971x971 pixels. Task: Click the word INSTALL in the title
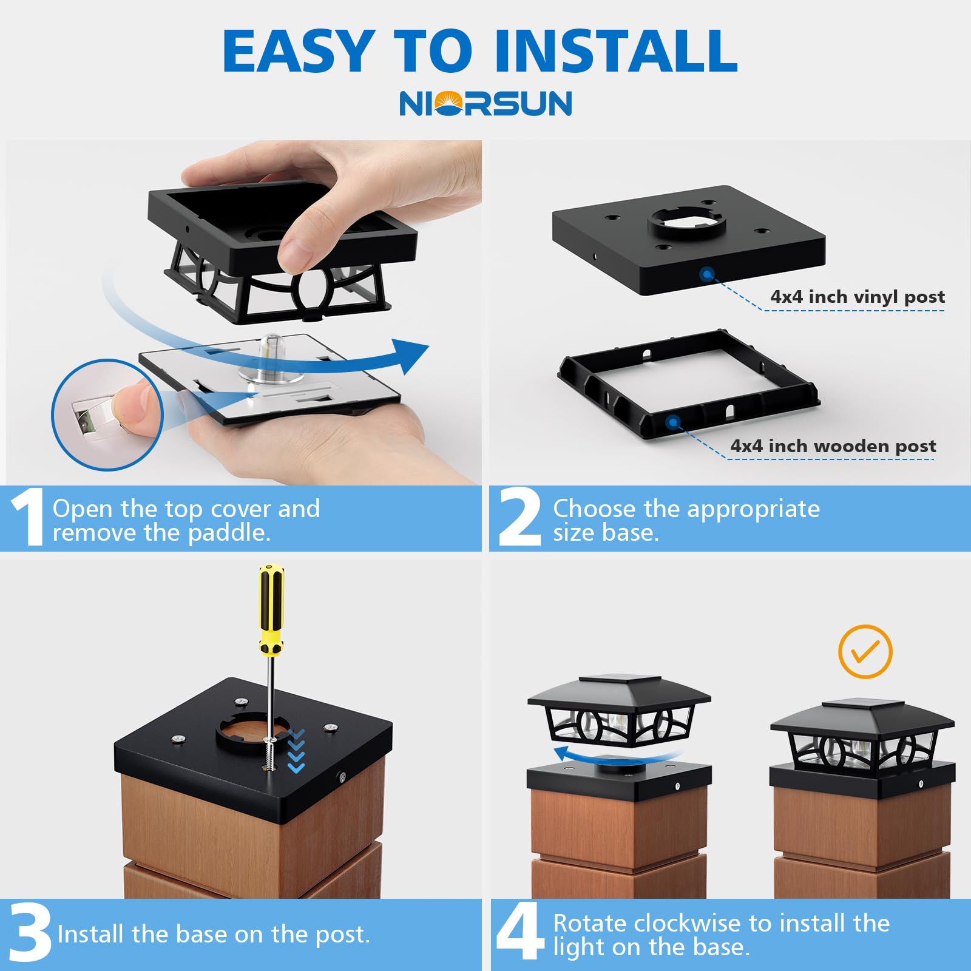point(616,51)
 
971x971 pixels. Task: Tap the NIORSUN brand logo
point(486,103)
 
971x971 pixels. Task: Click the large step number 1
point(28,517)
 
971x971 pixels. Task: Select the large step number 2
point(520,517)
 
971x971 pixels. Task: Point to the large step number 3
point(30,932)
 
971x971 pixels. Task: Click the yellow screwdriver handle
point(271,609)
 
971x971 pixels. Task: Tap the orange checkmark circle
point(865,652)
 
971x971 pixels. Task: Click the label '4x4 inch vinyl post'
point(858,297)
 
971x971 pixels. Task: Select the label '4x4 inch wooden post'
point(833,446)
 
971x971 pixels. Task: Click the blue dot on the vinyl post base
point(706,274)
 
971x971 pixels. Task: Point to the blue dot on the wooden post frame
point(672,422)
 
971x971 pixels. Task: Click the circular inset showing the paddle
point(107,415)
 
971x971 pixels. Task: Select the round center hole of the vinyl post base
point(687,223)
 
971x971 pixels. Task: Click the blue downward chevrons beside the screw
point(296,751)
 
